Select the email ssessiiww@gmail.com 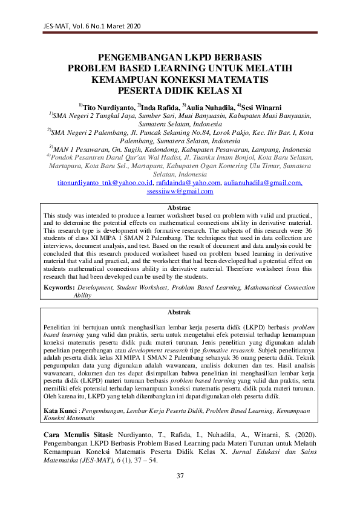[x=180, y=191]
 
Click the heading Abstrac [x=179, y=207]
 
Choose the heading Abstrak [x=179, y=312]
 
